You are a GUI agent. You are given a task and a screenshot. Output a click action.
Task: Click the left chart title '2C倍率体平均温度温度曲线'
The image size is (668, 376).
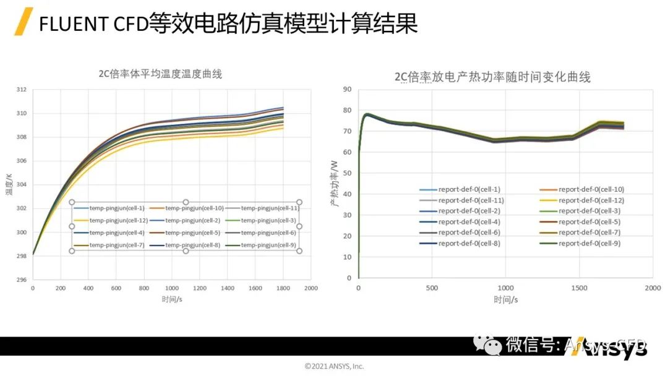[160, 74]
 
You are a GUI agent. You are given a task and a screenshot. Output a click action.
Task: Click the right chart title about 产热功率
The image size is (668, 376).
[492, 77]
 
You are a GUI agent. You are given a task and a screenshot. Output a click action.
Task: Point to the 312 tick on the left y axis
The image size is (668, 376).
[21, 90]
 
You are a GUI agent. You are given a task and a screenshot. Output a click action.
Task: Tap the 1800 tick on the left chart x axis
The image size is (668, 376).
[283, 288]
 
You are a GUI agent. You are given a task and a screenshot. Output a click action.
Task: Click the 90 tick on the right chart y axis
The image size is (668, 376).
[347, 90]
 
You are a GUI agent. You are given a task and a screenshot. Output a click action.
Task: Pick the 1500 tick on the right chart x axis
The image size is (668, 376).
[579, 288]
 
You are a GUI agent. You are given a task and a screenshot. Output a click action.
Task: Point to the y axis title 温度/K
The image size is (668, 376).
[9, 185]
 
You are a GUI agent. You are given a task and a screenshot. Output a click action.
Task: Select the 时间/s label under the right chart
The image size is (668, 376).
[505, 300]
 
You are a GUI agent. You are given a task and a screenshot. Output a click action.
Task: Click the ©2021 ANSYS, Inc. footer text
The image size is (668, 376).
[334, 366]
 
